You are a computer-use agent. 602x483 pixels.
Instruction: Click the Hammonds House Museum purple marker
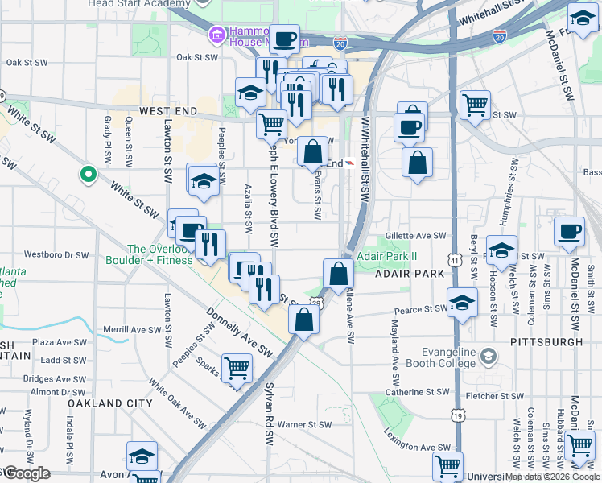pos(216,35)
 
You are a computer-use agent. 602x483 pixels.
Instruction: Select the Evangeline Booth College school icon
pos(489,356)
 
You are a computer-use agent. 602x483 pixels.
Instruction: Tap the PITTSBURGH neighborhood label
pos(546,342)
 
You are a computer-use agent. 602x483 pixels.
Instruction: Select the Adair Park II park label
pos(387,256)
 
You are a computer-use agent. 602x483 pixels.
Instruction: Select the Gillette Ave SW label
pos(415,236)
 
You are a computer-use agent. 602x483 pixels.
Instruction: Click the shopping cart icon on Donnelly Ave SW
pos(237,368)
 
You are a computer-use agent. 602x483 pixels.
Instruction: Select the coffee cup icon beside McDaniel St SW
pos(570,231)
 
